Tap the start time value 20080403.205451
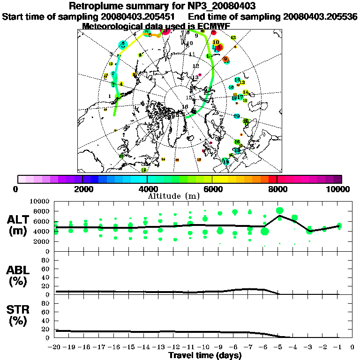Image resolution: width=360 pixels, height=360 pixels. pos(141,16)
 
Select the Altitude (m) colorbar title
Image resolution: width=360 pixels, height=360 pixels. pos(174,195)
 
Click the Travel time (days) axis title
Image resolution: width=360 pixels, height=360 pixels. pos(205,355)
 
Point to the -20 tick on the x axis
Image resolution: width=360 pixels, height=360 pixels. pos(55,347)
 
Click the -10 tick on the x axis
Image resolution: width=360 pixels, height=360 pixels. pos(204,347)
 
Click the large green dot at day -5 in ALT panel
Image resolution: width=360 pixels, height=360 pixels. pos(280,210)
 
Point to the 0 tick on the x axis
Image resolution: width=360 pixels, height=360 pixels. pos(352,347)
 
